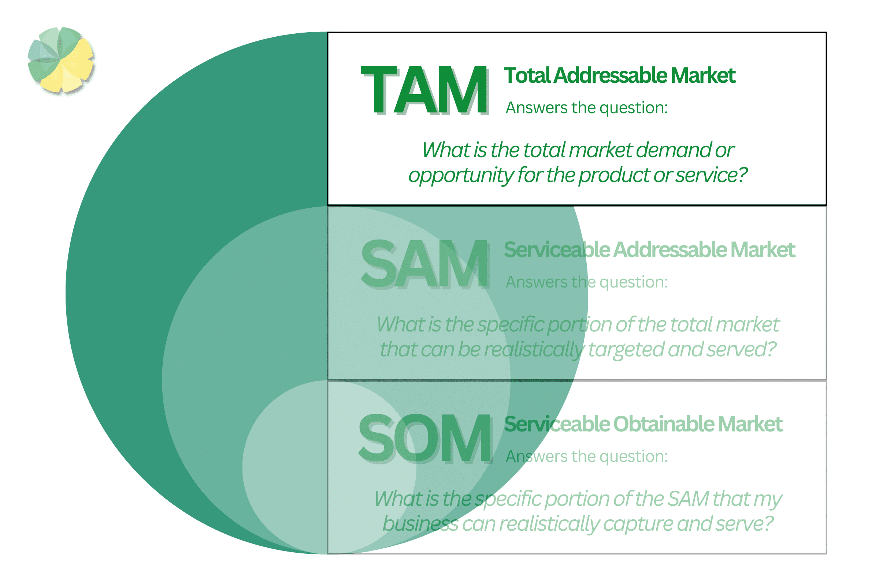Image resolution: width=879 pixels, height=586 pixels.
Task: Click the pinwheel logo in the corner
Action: (60, 60)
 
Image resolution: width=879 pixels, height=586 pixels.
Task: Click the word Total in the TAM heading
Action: (527, 75)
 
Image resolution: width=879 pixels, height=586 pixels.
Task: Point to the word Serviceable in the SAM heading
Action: (557, 250)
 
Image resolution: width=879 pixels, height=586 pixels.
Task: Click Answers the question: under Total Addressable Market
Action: (586, 108)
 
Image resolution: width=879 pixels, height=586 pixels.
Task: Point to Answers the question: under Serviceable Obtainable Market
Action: (586, 456)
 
